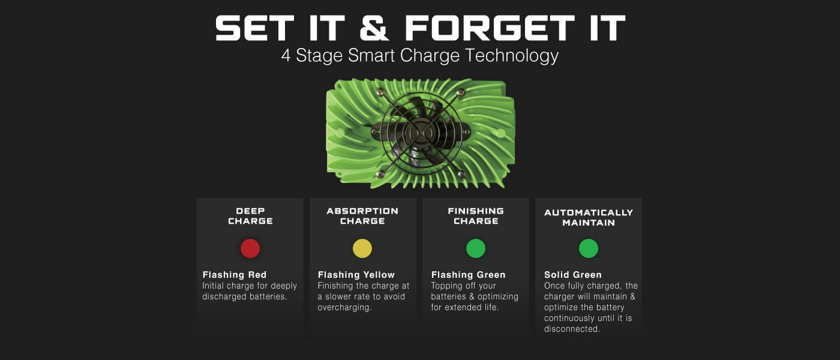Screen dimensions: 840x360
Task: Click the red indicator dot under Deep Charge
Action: [x=250, y=248]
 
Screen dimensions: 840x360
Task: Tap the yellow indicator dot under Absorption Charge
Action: [x=362, y=248]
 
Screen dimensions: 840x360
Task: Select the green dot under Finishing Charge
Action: [x=475, y=248]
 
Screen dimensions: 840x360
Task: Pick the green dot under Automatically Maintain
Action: [x=589, y=248]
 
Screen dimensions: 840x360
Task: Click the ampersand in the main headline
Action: [x=374, y=28]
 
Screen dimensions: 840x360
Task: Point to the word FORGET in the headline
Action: [x=490, y=28]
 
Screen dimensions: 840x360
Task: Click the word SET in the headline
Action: [x=254, y=28]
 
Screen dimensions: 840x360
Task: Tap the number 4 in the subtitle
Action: [x=286, y=56]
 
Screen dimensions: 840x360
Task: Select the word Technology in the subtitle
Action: [x=511, y=56]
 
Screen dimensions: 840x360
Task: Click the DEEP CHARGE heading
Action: [x=250, y=216]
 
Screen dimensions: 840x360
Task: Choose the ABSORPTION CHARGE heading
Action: [x=362, y=216]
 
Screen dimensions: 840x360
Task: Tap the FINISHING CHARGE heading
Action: [x=475, y=216]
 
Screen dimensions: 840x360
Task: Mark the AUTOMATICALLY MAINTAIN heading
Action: [x=589, y=217]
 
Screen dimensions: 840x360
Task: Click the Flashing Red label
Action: [x=235, y=275]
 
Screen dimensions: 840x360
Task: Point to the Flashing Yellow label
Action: [x=356, y=275]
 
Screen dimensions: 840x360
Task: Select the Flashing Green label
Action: [x=468, y=275]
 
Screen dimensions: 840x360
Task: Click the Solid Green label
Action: [x=572, y=275]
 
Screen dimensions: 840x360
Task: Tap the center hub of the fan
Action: [x=421, y=133]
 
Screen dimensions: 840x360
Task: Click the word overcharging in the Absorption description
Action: [x=344, y=307]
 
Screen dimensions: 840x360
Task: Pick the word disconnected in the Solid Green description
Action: [x=572, y=329]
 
